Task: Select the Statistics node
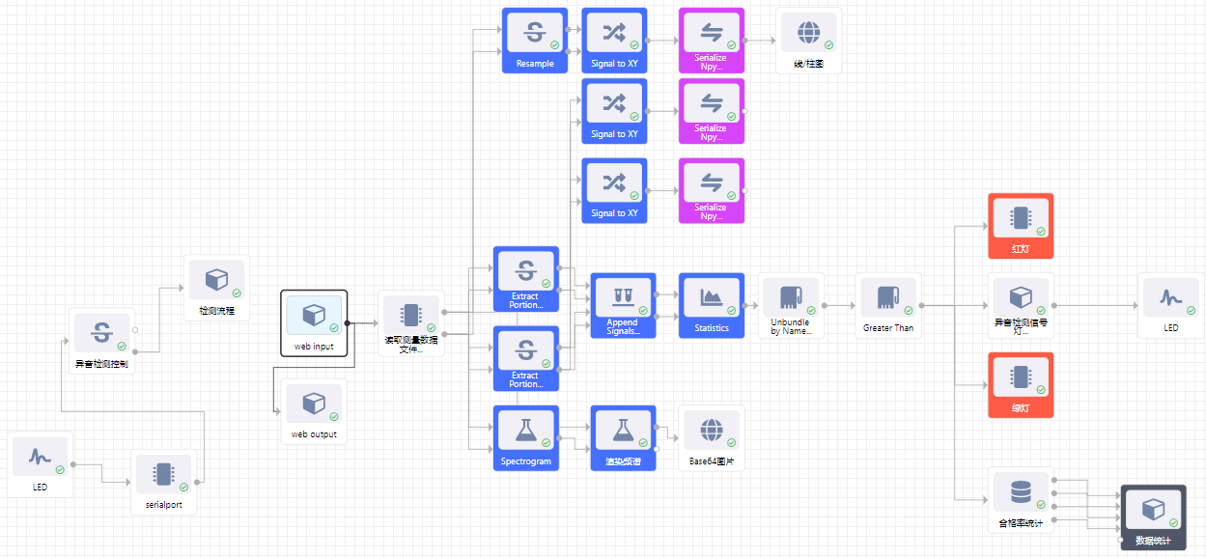click(712, 303)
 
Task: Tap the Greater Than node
click(888, 303)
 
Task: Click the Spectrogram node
click(525, 436)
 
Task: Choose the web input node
click(314, 322)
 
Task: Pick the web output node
click(313, 410)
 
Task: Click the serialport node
click(163, 480)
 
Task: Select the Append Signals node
click(622, 303)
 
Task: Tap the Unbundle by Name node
click(791, 303)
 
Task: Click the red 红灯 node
click(1021, 224)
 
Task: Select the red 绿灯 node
click(1021, 383)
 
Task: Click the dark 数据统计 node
click(1152, 516)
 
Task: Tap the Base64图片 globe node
click(712, 436)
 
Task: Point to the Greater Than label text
click(888, 328)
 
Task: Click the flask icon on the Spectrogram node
click(525, 428)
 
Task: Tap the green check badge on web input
click(334, 327)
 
